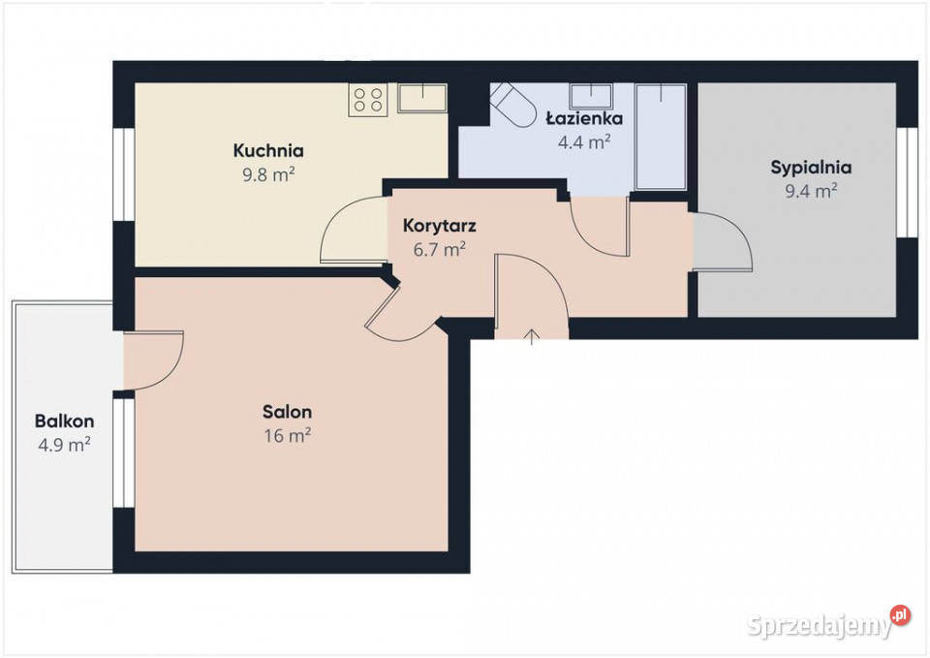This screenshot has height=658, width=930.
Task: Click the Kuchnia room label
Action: point(268,151)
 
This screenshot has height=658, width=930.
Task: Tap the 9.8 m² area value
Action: point(268,174)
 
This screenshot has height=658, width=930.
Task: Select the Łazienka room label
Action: point(584,118)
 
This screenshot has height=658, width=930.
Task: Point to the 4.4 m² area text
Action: point(584,141)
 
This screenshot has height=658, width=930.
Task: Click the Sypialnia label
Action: point(811,168)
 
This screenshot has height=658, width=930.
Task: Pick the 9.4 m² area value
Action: point(811,191)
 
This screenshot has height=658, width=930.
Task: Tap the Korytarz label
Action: point(440,226)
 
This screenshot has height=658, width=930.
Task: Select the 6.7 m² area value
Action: point(439,249)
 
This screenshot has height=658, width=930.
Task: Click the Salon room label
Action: point(287,412)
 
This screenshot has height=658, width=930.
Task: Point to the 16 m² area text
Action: point(287,435)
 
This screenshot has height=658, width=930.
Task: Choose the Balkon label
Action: point(64,422)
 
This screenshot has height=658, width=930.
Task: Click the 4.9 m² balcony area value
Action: point(64,445)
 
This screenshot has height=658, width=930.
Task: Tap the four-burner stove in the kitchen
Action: point(368,100)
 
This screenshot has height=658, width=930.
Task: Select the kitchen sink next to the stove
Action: point(422,98)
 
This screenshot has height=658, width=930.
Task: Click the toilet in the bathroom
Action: point(513,105)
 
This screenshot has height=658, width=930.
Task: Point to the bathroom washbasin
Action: point(591,96)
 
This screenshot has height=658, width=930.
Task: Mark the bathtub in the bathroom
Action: point(661,137)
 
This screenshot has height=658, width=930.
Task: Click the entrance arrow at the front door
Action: point(532,336)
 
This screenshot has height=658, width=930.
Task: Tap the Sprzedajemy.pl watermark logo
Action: point(828,623)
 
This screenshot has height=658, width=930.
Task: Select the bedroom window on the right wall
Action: point(907,182)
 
